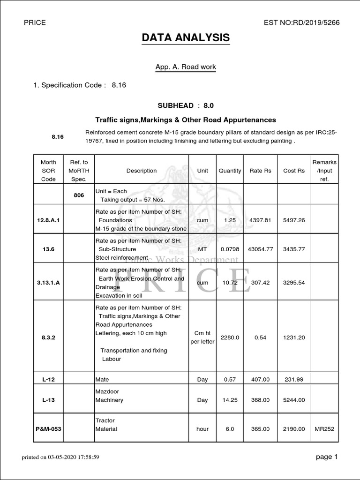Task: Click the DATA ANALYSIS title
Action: pyautogui.click(x=186, y=37)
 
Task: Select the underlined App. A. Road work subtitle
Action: pyautogui.click(x=186, y=67)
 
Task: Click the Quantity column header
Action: pyautogui.click(x=230, y=171)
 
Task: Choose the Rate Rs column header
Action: pyautogui.click(x=261, y=171)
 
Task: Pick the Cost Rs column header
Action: pyautogui.click(x=294, y=171)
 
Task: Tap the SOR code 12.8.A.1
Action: pyautogui.click(x=49, y=220)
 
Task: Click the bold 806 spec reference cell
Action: pyautogui.click(x=79, y=195)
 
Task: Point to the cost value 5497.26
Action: pyautogui.click(x=294, y=220)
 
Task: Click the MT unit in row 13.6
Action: pyautogui.click(x=202, y=249)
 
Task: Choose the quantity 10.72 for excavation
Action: pyautogui.click(x=230, y=283)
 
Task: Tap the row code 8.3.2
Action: pyautogui.click(x=49, y=337)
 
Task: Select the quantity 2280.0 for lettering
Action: pyautogui.click(x=230, y=337)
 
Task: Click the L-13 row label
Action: pyautogui.click(x=49, y=400)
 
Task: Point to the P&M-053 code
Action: pyautogui.click(x=49, y=429)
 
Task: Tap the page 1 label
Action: pyautogui.click(x=326, y=457)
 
